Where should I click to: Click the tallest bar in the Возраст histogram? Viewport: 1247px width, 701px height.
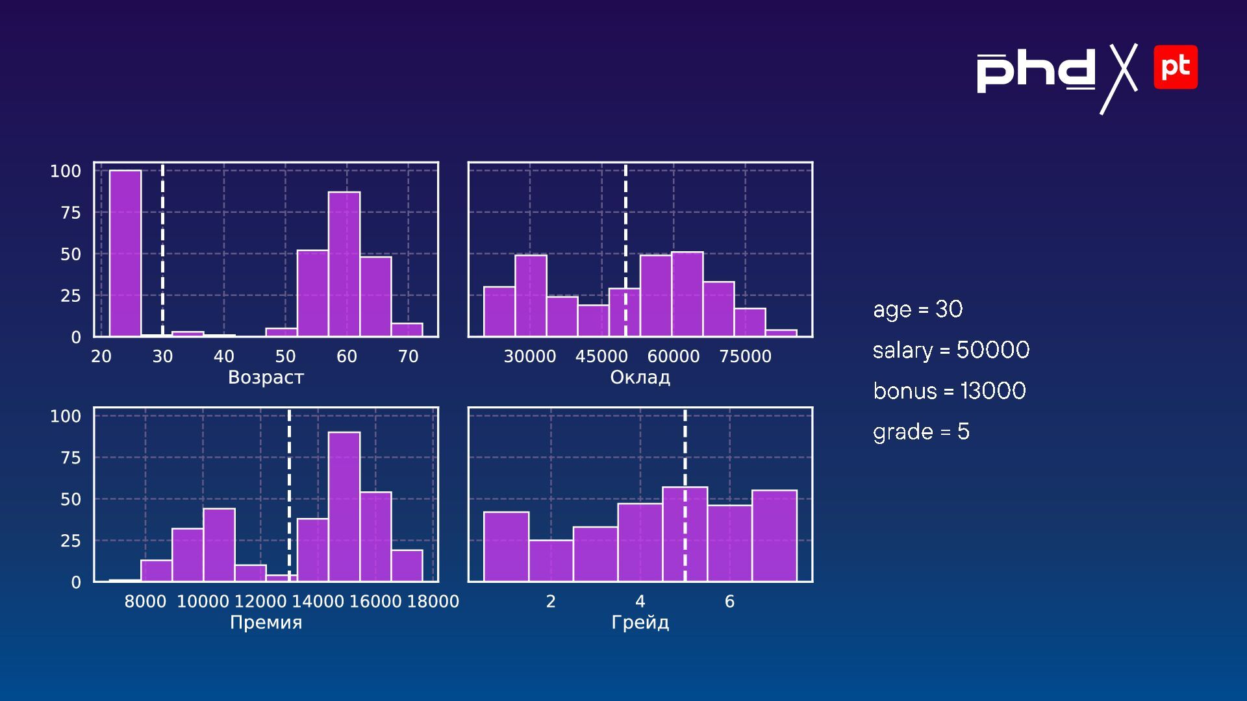coord(125,253)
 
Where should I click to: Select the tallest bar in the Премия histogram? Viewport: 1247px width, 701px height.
coord(344,506)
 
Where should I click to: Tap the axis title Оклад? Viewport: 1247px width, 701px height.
coord(640,377)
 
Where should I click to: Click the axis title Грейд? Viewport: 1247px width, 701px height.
coord(640,622)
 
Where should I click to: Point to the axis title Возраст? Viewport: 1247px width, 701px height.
coord(266,377)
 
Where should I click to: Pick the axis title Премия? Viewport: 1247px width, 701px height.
coord(266,622)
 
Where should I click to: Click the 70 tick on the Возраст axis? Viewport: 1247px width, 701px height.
coord(408,356)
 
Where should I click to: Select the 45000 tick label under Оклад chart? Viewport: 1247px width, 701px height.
coord(601,356)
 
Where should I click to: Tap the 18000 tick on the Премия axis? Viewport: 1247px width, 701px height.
coord(433,602)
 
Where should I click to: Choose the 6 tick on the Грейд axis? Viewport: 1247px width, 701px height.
coord(729,602)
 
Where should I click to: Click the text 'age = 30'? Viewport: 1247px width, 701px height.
coord(918,309)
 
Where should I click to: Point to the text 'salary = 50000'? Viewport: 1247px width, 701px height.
coord(951,350)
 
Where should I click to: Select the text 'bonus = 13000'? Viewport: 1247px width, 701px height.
coord(949,391)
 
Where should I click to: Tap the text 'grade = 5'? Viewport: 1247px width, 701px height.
coord(921,432)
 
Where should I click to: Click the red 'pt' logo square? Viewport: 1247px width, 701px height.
coord(1176,67)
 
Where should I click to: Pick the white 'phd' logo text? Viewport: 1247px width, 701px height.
coord(1037,71)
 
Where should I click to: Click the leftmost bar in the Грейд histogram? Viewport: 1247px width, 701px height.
coord(506,547)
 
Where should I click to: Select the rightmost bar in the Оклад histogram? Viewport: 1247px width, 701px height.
coord(781,333)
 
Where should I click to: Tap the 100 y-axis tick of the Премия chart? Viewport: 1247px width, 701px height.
coord(66,416)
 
